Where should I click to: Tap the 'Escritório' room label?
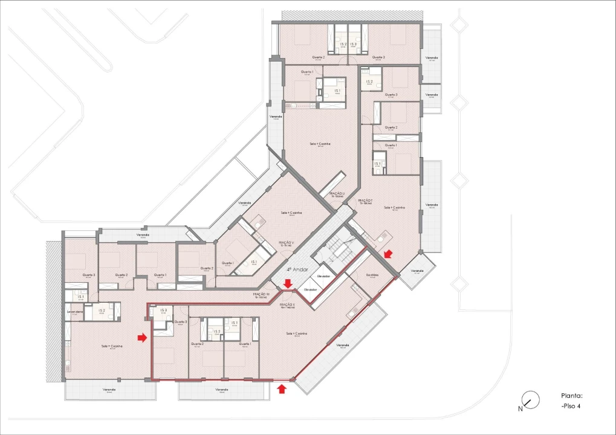point(372,274)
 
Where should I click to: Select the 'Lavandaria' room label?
point(75,312)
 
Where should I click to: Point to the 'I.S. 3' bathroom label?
point(163,311)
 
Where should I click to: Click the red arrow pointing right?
point(142,338)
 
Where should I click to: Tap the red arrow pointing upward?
point(281,388)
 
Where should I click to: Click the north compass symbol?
point(530,399)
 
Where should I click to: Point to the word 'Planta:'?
point(571,396)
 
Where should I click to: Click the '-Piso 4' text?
point(571,406)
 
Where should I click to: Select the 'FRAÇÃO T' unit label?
point(365,201)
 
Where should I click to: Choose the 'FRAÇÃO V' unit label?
point(285,243)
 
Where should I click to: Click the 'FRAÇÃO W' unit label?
point(262,295)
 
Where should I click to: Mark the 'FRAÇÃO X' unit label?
point(287,305)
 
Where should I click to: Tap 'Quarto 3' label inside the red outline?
point(181,322)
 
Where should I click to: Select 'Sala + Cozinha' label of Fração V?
point(291,213)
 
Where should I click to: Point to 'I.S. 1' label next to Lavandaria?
point(80,297)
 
